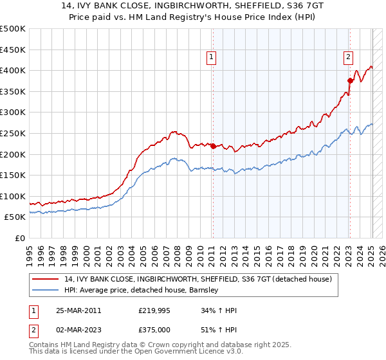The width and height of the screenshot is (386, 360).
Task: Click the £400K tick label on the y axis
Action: click(13, 70)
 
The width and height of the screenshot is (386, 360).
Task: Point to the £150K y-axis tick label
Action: click(13, 175)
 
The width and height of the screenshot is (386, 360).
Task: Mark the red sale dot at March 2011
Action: click(213, 146)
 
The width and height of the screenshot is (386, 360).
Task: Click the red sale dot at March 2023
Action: click(350, 81)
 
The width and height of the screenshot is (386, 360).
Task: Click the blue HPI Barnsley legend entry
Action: click(142, 290)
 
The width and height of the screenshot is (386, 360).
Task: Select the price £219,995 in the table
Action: click(154, 310)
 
